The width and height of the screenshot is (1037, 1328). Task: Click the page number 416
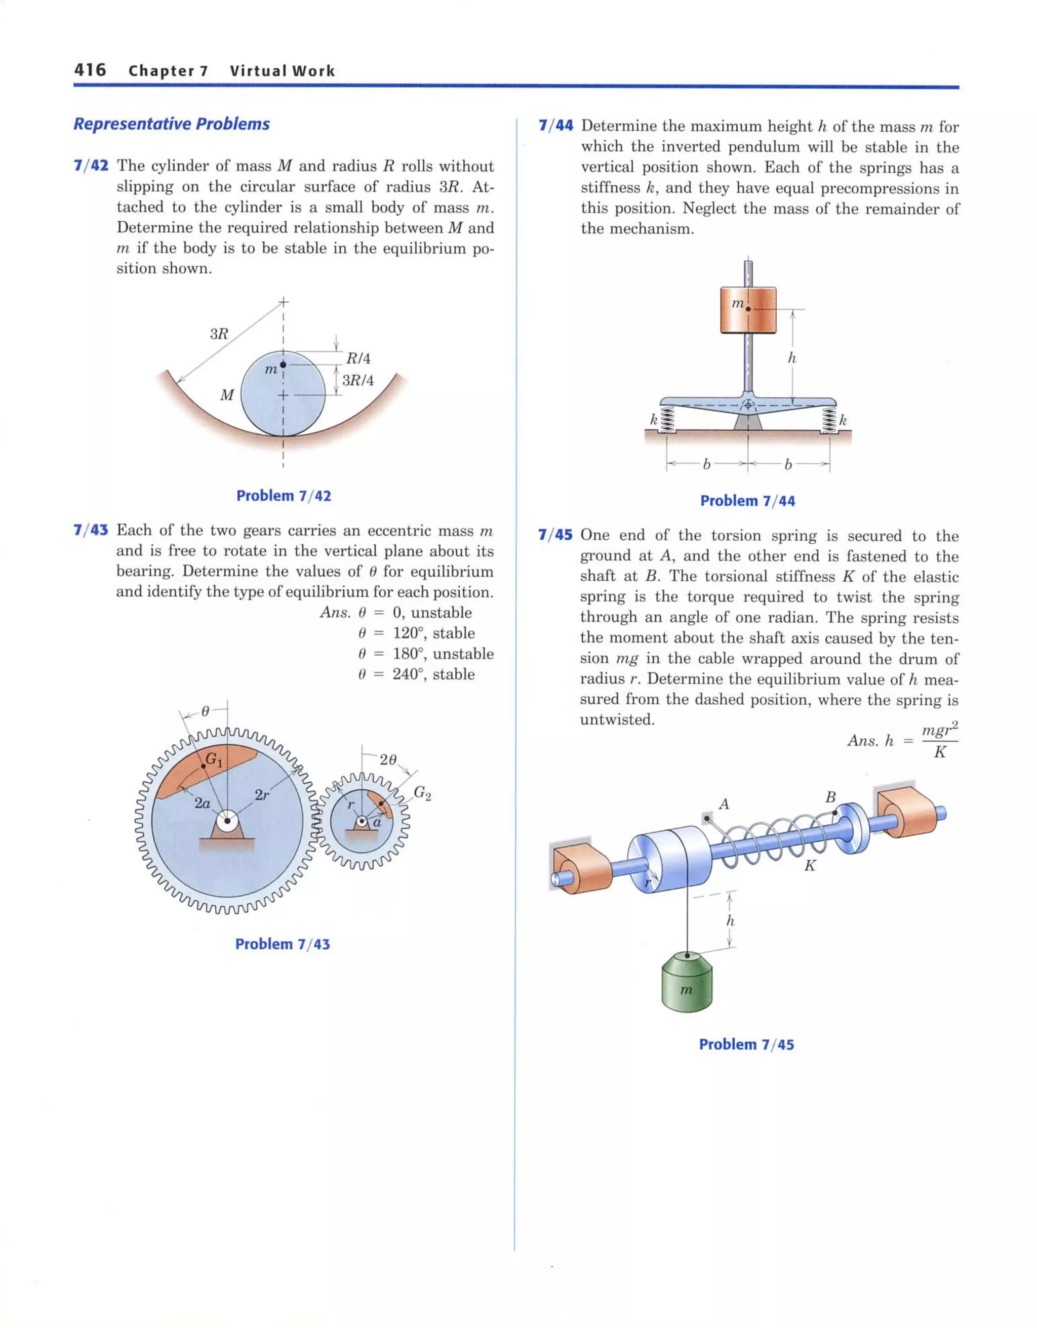pyautogui.click(x=90, y=70)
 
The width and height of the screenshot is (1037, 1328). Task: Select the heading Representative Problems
pyautogui.click(x=172, y=124)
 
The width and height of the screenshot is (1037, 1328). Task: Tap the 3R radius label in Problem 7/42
pyautogui.click(x=219, y=334)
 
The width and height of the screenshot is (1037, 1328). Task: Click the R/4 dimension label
pyautogui.click(x=358, y=359)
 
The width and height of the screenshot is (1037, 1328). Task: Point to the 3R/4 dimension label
pyautogui.click(x=357, y=381)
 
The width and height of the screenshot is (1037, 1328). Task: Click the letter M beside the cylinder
pyautogui.click(x=227, y=395)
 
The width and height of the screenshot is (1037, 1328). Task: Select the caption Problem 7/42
pyautogui.click(x=284, y=496)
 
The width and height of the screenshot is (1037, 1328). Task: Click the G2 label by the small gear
pyautogui.click(x=422, y=792)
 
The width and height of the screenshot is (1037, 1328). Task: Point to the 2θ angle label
pyautogui.click(x=388, y=760)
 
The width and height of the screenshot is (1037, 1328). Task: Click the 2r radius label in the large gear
pyautogui.click(x=262, y=795)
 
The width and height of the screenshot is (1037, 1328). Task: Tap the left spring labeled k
pyautogui.click(x=667, y=420)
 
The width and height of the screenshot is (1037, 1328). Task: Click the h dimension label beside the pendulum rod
pyautogui.click(x=792, y=358)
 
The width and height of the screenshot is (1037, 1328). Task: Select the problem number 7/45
pyautogui.click(x=555, y=535)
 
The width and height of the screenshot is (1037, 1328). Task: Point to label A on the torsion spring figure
pyautogui.click(x=724, y=804)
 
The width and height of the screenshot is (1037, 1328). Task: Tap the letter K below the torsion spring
pyautogui.click(x=810, y=866)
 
